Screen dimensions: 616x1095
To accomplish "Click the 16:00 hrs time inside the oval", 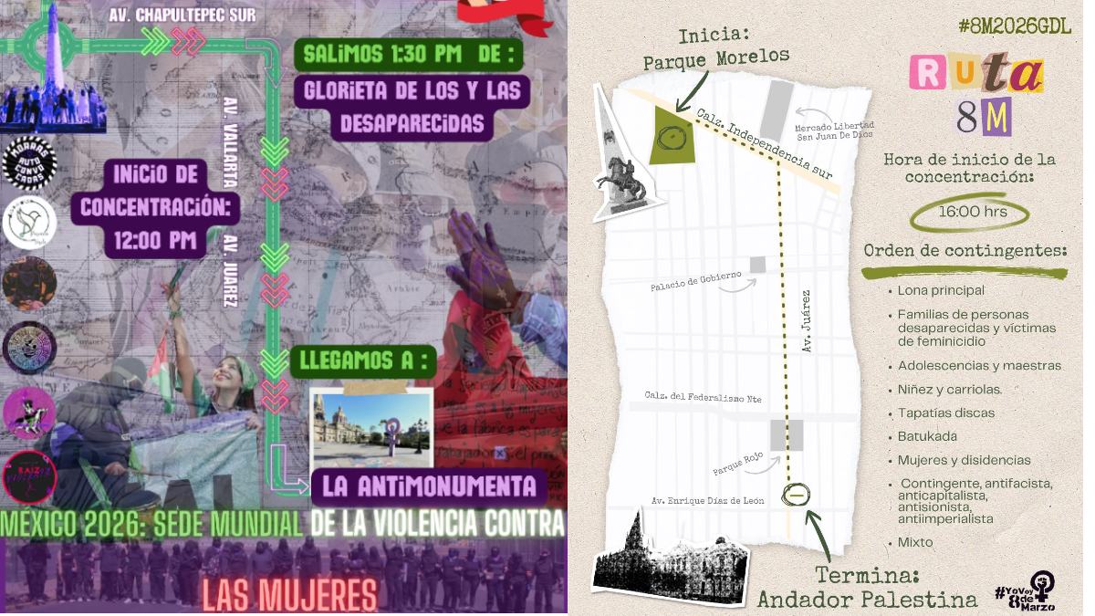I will coord(971,212).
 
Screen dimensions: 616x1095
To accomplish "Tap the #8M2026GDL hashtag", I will coord(1014,26).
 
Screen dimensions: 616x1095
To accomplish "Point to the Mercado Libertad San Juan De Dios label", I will coord(834,131).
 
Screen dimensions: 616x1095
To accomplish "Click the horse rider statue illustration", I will coord(623,178).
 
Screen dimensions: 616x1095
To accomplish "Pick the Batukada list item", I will coord(927,436).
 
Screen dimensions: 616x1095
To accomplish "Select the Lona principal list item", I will coord(941,290).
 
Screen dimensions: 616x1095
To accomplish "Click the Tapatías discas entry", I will coord(945,412).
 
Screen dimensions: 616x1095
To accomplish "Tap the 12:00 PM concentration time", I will coord(155,241).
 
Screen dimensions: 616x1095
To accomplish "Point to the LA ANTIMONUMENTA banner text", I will coord(428,485).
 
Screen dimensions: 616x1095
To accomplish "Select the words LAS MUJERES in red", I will coord(288,595).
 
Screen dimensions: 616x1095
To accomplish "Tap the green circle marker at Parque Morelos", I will coord(672,138).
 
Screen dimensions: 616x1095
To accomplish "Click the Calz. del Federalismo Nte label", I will coord(703,398).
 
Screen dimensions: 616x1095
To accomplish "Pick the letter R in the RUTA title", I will coord(928,73).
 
